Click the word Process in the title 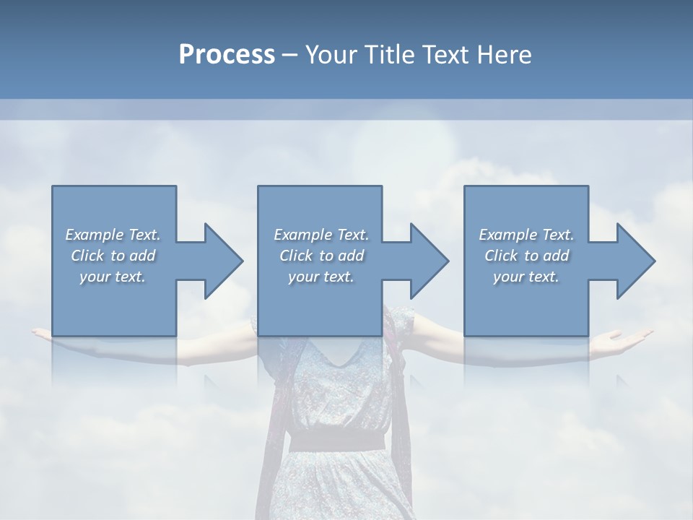point(227,55)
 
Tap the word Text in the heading point(444,55)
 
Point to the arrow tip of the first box point(241,261)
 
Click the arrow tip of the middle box point(447,261)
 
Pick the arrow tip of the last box point(653,261)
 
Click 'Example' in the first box point(94,235)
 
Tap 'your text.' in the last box point(526,277)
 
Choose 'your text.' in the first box point(113,277)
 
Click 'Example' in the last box point(507,235)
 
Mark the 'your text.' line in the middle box point(321,277)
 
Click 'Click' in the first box point(86,256)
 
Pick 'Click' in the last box point(500,256)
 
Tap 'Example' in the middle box point(302,235)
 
